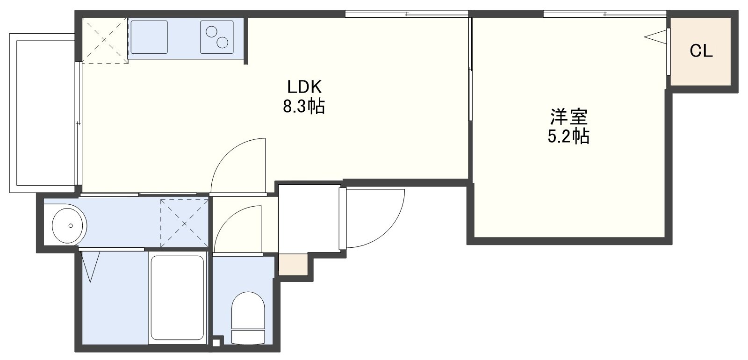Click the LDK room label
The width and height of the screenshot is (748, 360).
[x=304, y=87]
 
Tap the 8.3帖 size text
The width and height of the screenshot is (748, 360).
[x=304, y=106]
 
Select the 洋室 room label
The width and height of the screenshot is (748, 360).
[x=568, y=116]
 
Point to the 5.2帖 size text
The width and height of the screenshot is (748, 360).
[x=568, y=136]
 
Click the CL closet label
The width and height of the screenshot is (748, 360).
[x=701, y=51]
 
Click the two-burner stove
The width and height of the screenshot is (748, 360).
[x=217, y=37]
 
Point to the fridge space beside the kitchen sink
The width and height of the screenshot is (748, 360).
[x=105, y=40]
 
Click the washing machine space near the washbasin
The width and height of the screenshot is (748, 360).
[x=184, y=223]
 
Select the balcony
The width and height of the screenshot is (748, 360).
[x=43, y=113]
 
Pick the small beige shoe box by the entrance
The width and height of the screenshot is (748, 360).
[x=293, y=265]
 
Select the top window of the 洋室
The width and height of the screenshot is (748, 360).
[x=605, y=14]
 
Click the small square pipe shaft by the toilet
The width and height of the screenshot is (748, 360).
[x=216, y=343]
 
